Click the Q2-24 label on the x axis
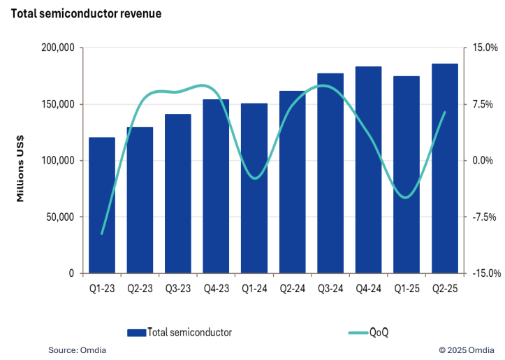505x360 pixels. pos(292,287)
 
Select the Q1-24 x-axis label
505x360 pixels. pos(254,287)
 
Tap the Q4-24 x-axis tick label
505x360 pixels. pos(368,287)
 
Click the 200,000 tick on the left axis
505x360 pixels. pos(59,48)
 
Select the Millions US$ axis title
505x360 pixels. pos(21,160)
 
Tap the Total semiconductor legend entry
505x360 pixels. pos(189,332)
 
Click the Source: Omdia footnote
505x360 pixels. pos(78,350)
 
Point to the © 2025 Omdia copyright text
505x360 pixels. pos(467,350)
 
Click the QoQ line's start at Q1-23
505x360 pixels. pos(102,233)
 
